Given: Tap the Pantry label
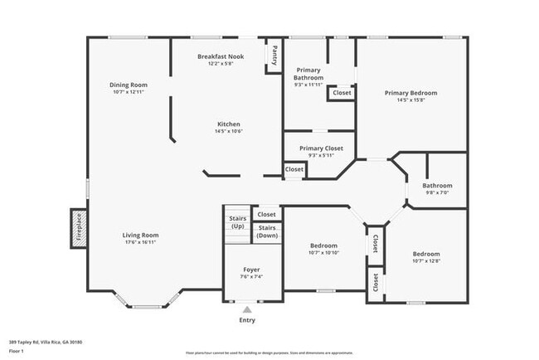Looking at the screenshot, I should point(274,54).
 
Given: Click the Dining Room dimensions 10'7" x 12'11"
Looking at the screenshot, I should point(129,92).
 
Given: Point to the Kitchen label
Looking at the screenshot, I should point(228,124).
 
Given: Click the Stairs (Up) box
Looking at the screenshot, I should point(237,222).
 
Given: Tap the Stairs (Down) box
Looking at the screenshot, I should point(267,231).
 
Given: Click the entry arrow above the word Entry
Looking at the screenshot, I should point(247,309).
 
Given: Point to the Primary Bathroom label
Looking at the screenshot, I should point(308,76).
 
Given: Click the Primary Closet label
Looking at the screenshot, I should point(319,148).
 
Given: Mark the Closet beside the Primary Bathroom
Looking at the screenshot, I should point(342,93).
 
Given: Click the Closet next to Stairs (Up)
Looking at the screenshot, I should point(267,214).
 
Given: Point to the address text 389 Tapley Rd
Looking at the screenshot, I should point(46,341).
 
